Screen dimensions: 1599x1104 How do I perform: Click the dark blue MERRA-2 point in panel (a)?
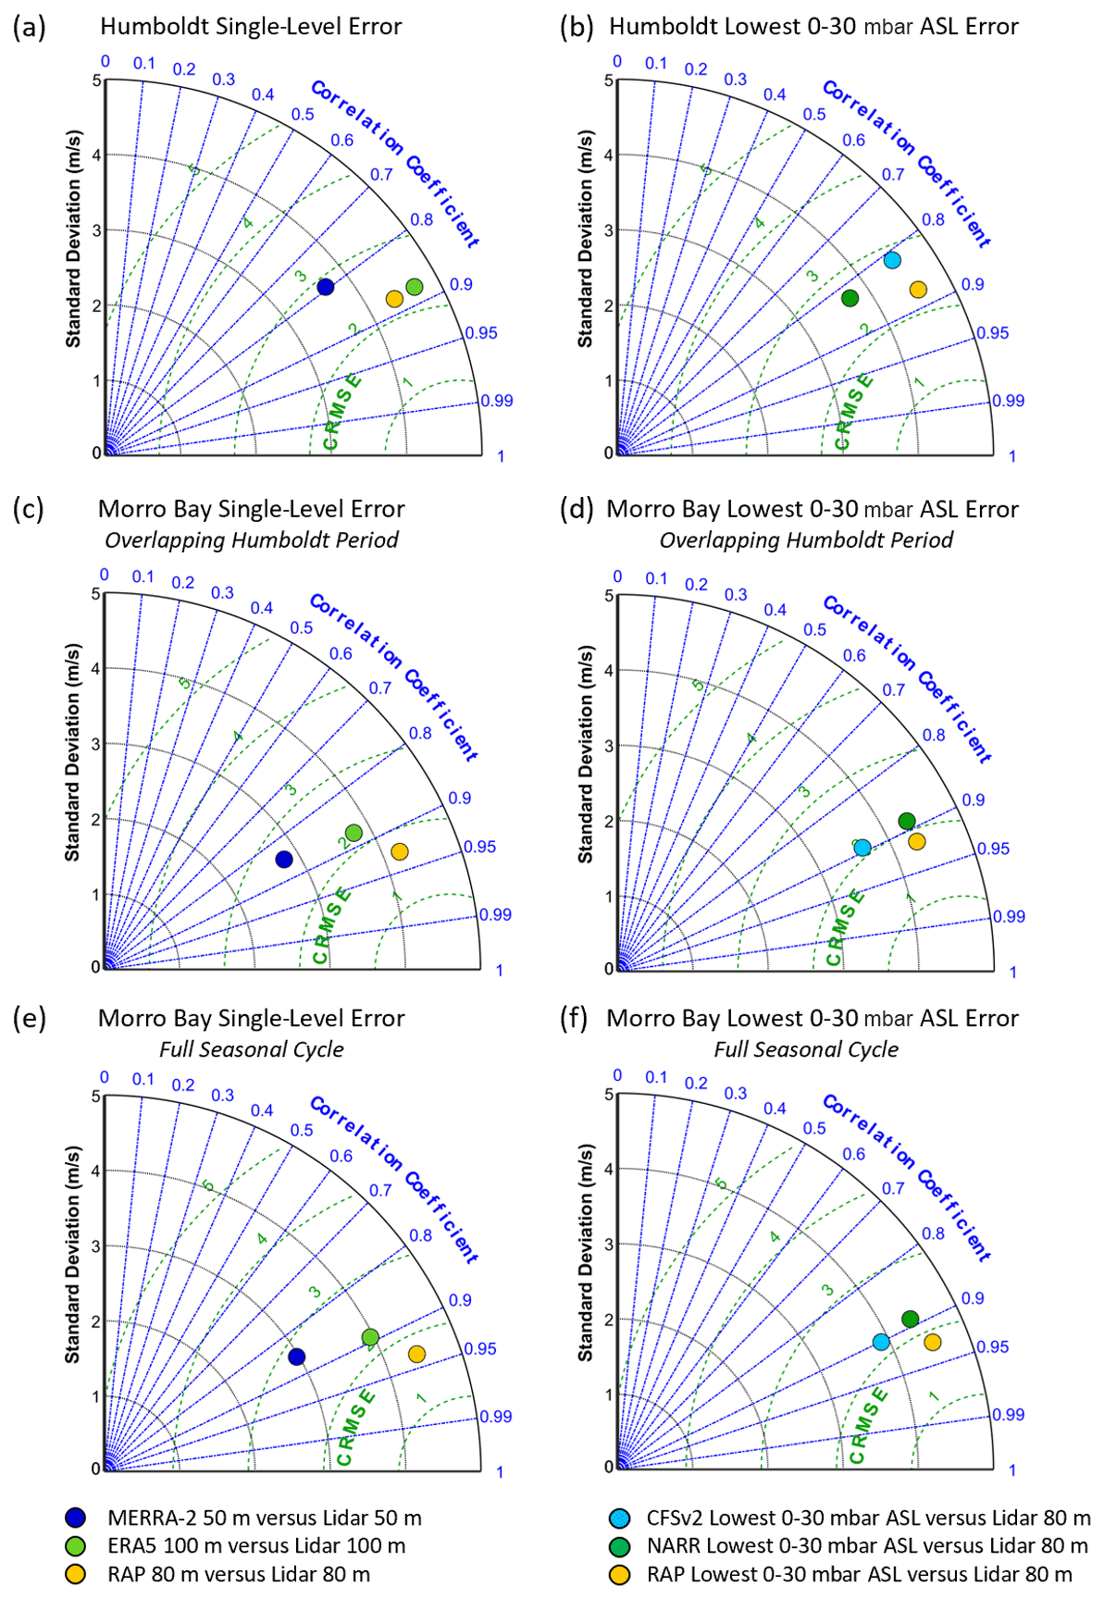coord(325,287)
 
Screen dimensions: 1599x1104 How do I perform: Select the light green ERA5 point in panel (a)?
coord(414,287)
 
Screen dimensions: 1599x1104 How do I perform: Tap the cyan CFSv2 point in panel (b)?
coord(892,260)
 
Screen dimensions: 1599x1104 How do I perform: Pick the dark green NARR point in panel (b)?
coord(850,298)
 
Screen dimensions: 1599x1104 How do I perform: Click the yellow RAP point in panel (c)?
coord(400,851)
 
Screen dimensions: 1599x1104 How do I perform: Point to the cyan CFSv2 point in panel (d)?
coord(862,848)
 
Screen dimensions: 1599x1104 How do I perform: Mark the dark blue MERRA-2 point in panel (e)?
coord(297,1357)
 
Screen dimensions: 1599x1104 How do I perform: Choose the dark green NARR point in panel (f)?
coord(910,1319)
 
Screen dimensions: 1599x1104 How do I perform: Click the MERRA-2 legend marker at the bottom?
coord(75,1518)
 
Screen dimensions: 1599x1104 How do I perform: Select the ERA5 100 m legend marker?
coord(75,1546)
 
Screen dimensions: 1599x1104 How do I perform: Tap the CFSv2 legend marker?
coord(619,1518)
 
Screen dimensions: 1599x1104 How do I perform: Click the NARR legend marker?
coord(619,1546)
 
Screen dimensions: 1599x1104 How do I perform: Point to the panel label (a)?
coord(29,28)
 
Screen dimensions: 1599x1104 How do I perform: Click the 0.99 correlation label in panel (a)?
coord(497,401)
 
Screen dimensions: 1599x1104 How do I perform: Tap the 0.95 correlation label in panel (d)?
coord(994,849)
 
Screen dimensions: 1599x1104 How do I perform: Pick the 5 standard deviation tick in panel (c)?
coord(95,594)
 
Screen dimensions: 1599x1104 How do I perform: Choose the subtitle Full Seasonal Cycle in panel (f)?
coord(805,1049)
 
